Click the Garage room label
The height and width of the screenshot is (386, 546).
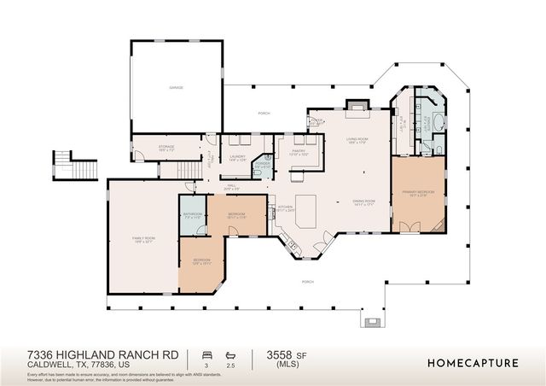[176, 87]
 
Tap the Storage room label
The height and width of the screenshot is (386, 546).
[166, 147]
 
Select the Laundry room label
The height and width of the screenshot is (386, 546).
[238, 156]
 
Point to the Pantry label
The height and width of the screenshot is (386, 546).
[299, 154]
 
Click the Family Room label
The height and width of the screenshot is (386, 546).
[142, 240]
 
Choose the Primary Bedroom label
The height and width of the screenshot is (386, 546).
[418, 193]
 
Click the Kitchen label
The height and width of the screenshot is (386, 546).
[284, 208]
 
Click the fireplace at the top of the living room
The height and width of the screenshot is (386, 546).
[355, 106]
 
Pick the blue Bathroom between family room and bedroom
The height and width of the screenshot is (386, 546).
[192, 215]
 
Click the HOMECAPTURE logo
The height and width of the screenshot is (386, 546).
[473, 363]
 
